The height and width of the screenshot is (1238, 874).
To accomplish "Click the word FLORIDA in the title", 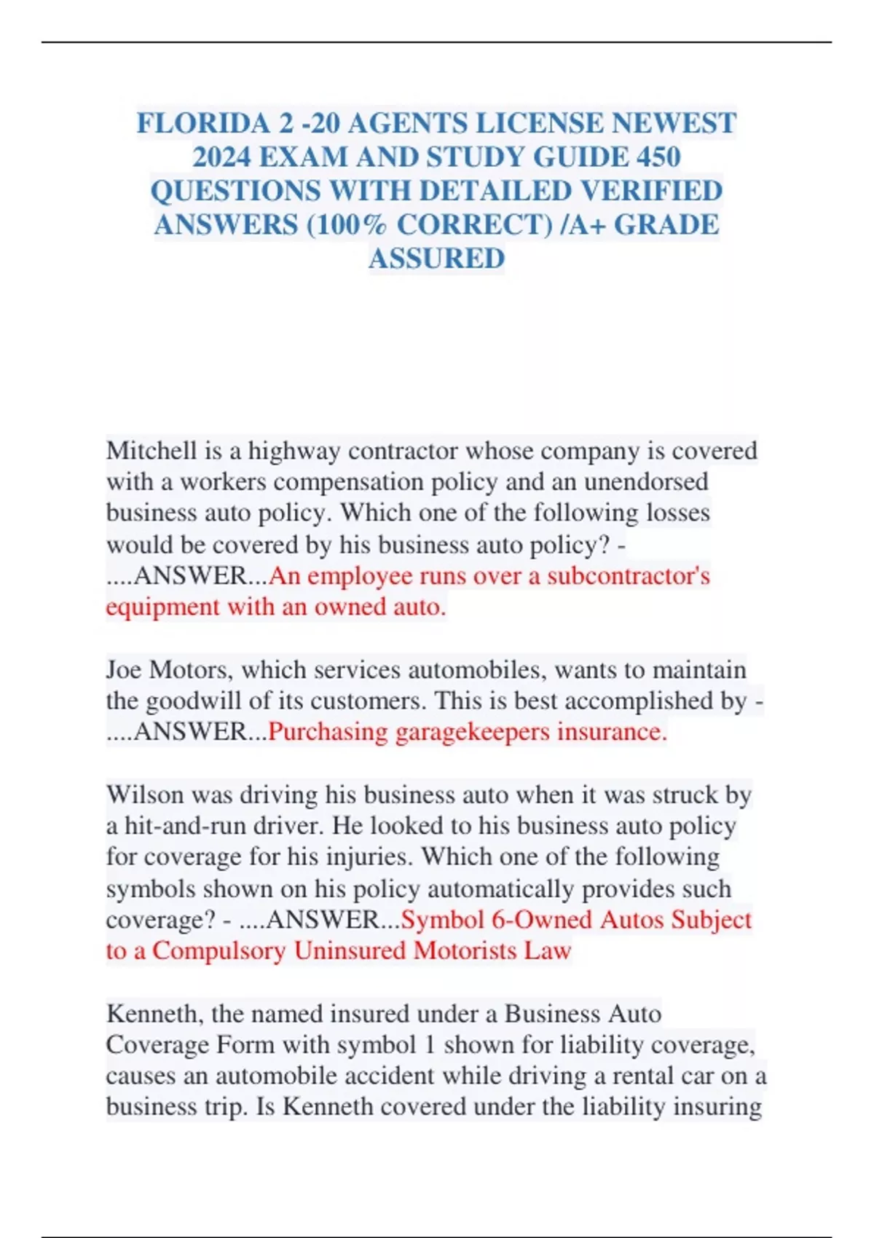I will pyautogui.click(x=204, y=123).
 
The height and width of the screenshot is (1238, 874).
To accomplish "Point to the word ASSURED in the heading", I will pyautogui.click(x=436, y=259).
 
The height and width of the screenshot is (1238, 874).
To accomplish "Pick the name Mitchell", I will pyautogui.click(x=151, y=451).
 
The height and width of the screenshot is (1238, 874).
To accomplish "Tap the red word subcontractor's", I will pyautogui.click(x=629, y=576).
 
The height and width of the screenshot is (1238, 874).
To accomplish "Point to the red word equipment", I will pyautogui.click(x=162, y=607).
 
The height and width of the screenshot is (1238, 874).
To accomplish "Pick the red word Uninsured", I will pyautogui.click(x=351, y=951).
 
